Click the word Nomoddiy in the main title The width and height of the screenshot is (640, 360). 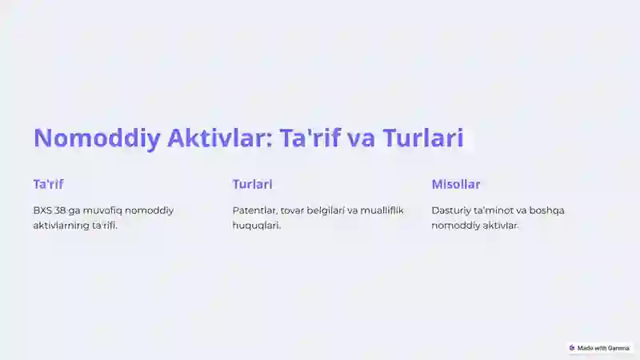(x=97, y=138)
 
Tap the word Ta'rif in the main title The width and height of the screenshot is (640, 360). (x=310, y=137)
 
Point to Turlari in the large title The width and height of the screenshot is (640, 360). (x=423, y=137)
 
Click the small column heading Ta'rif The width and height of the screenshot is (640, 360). (x=48, y=184)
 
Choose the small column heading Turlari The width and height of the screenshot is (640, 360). (x=252, y=184)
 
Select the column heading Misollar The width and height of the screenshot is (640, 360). (x=455, y=184)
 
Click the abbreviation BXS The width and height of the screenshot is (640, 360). (x=42, y=210)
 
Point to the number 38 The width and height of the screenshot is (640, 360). (x=59, y=210)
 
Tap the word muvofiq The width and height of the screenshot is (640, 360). (x=102, y=211)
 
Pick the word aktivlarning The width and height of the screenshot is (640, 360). (x=61, y=226)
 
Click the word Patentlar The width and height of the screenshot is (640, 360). (x=255, y=210)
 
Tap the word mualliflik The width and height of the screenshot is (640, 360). (x=382, y=210)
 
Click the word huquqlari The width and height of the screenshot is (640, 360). (x=257, y=226)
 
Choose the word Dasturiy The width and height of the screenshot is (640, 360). (x=451, y=211)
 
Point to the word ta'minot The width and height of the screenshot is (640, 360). (x=494, y=210)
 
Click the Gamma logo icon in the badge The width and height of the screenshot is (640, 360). (x=572, y=348)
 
